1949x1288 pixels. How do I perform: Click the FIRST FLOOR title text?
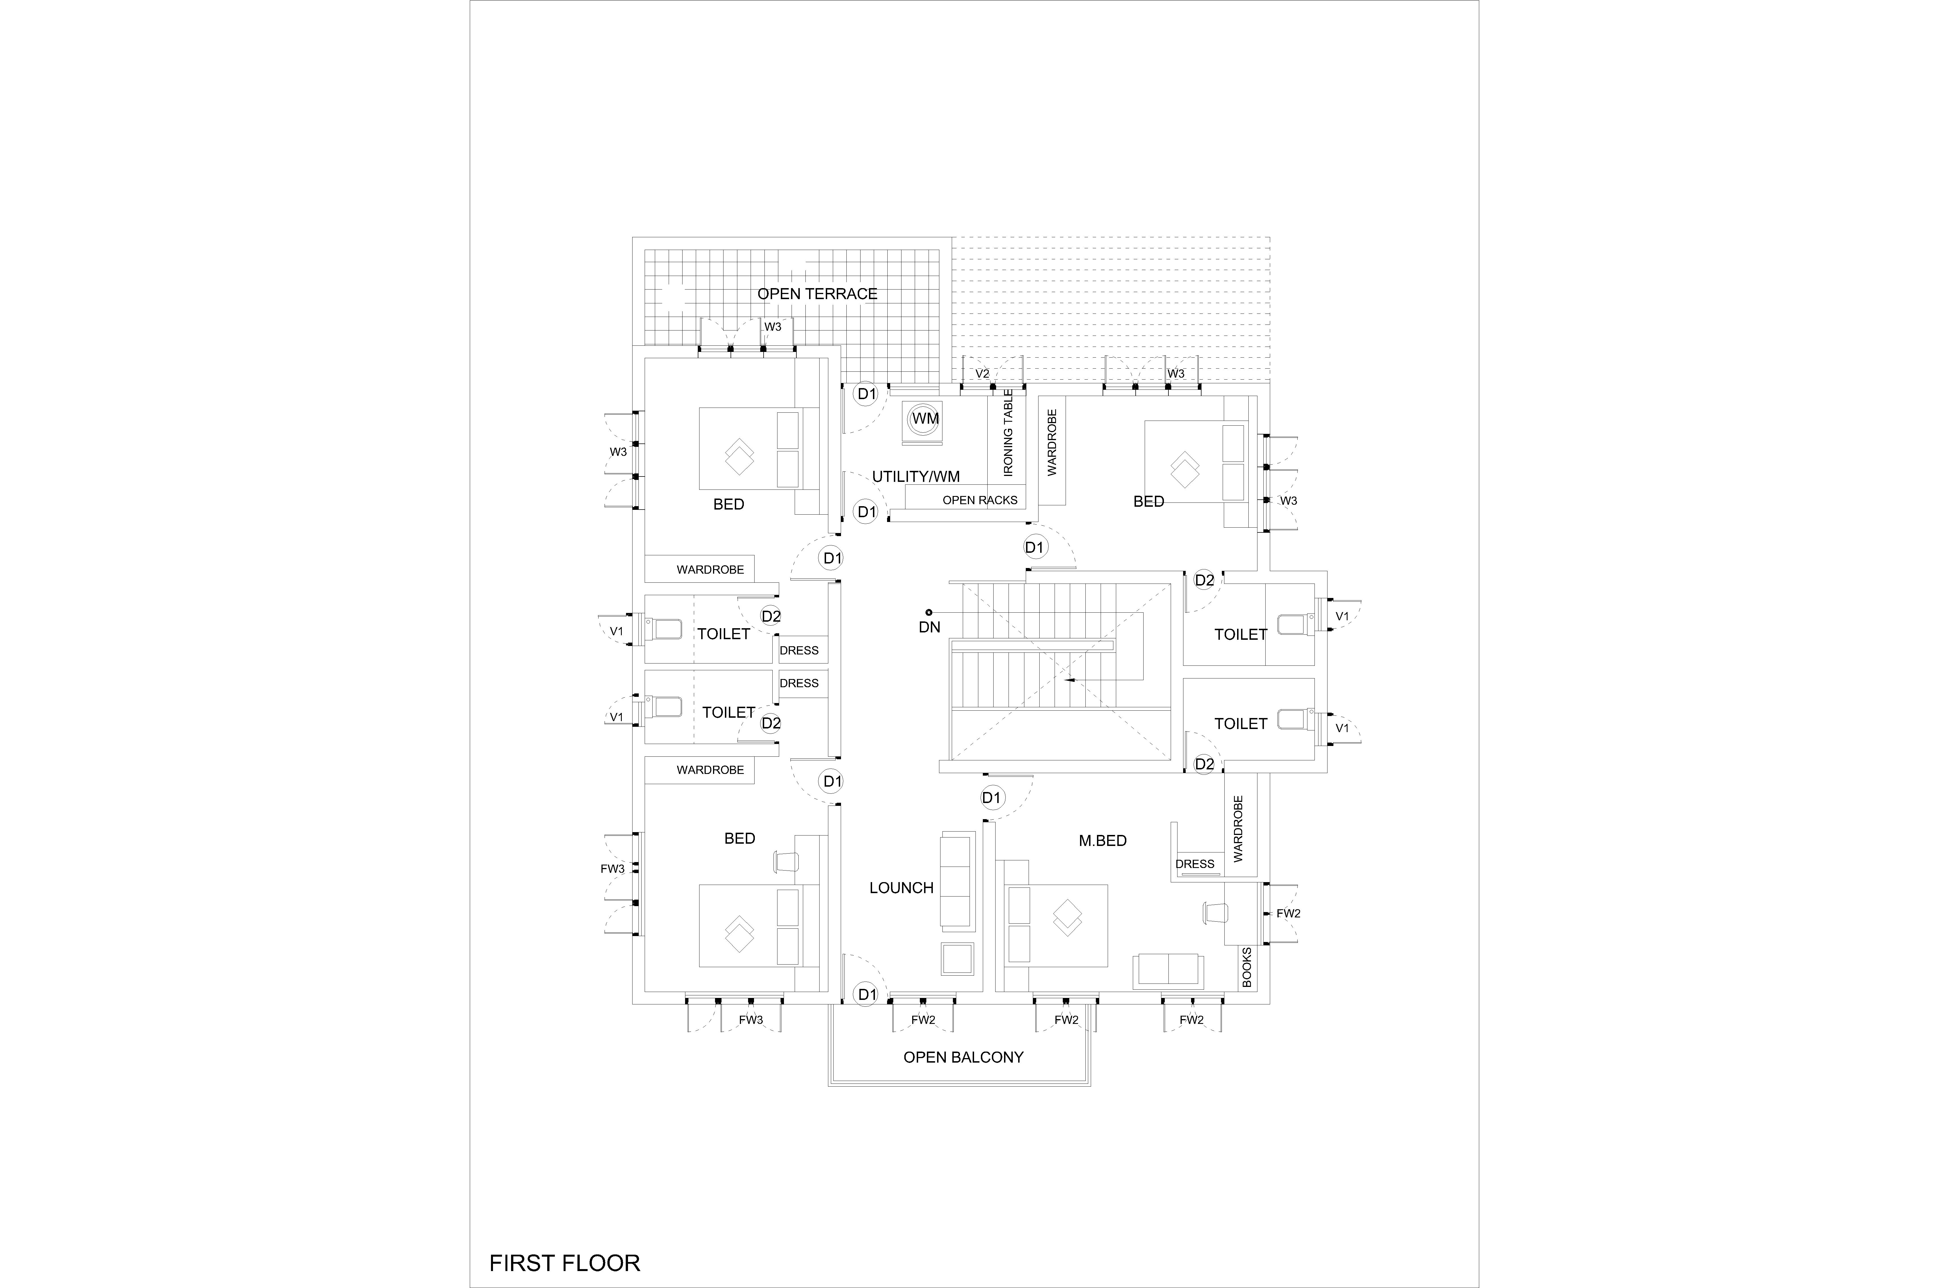point(564,1263)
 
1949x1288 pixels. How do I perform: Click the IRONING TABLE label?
point(1009,433)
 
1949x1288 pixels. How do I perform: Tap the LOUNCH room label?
point(901,888)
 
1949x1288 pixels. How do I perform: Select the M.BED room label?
point(1102,840)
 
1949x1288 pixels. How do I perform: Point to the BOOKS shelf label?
point(1247,967)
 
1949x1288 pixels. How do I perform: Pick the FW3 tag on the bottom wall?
point(751,1020)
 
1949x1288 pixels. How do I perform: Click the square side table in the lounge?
point(957,959)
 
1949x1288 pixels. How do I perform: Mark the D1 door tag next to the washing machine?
point(866,393)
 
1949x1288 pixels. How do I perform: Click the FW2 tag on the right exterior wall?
point(1288,913)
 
